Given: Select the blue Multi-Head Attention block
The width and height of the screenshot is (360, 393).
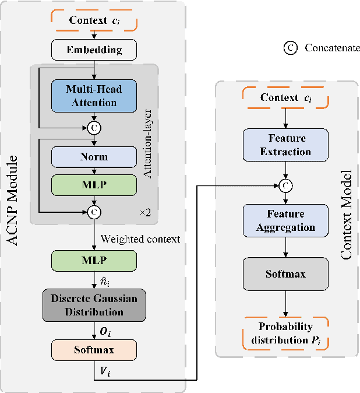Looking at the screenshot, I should pyautogui.click(x=94, y=96).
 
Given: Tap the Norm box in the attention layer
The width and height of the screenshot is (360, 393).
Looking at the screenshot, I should pyautogui.click(x=94, y=157).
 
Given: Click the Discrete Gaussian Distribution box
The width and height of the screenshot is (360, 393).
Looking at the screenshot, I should pyautogui.click(x=94, y=306).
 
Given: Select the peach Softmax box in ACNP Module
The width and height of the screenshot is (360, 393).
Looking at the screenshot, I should pyautogui.click(x=94, y=350).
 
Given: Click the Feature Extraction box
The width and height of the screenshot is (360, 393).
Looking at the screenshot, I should pyautogui.click(x=285, y=146).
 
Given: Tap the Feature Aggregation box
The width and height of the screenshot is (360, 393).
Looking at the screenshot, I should pyautogui.click(x=285, y=220).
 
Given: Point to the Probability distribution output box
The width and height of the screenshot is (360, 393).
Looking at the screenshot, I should pyautogui.click(x=285, y=334).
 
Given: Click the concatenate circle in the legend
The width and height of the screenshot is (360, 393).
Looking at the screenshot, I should pyautogui.click(x=290, y=48).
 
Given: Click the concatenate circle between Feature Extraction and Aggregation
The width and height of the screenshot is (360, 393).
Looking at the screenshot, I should pyautogui.click(x=285, y=185).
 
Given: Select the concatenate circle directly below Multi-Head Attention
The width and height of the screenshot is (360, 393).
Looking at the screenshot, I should pyautogui.click(x=94, y=127).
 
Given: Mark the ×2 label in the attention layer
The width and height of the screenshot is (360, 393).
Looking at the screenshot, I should pyautogui.click(x=144, y=213).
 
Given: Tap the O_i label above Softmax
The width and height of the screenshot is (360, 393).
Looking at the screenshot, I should pyautogui.click(x=106, y=331).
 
